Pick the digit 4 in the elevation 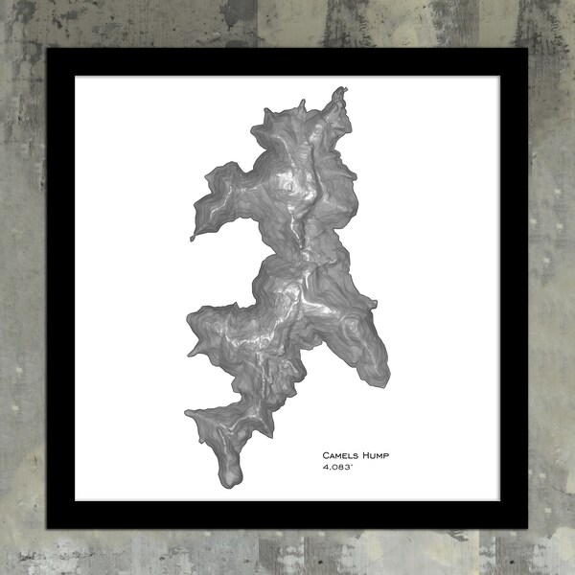tap(325, 468)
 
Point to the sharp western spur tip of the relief tap(192, 237)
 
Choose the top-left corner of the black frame tap(49, 49)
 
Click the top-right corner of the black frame tap(526, 49)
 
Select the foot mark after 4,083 tap(351, 465)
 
